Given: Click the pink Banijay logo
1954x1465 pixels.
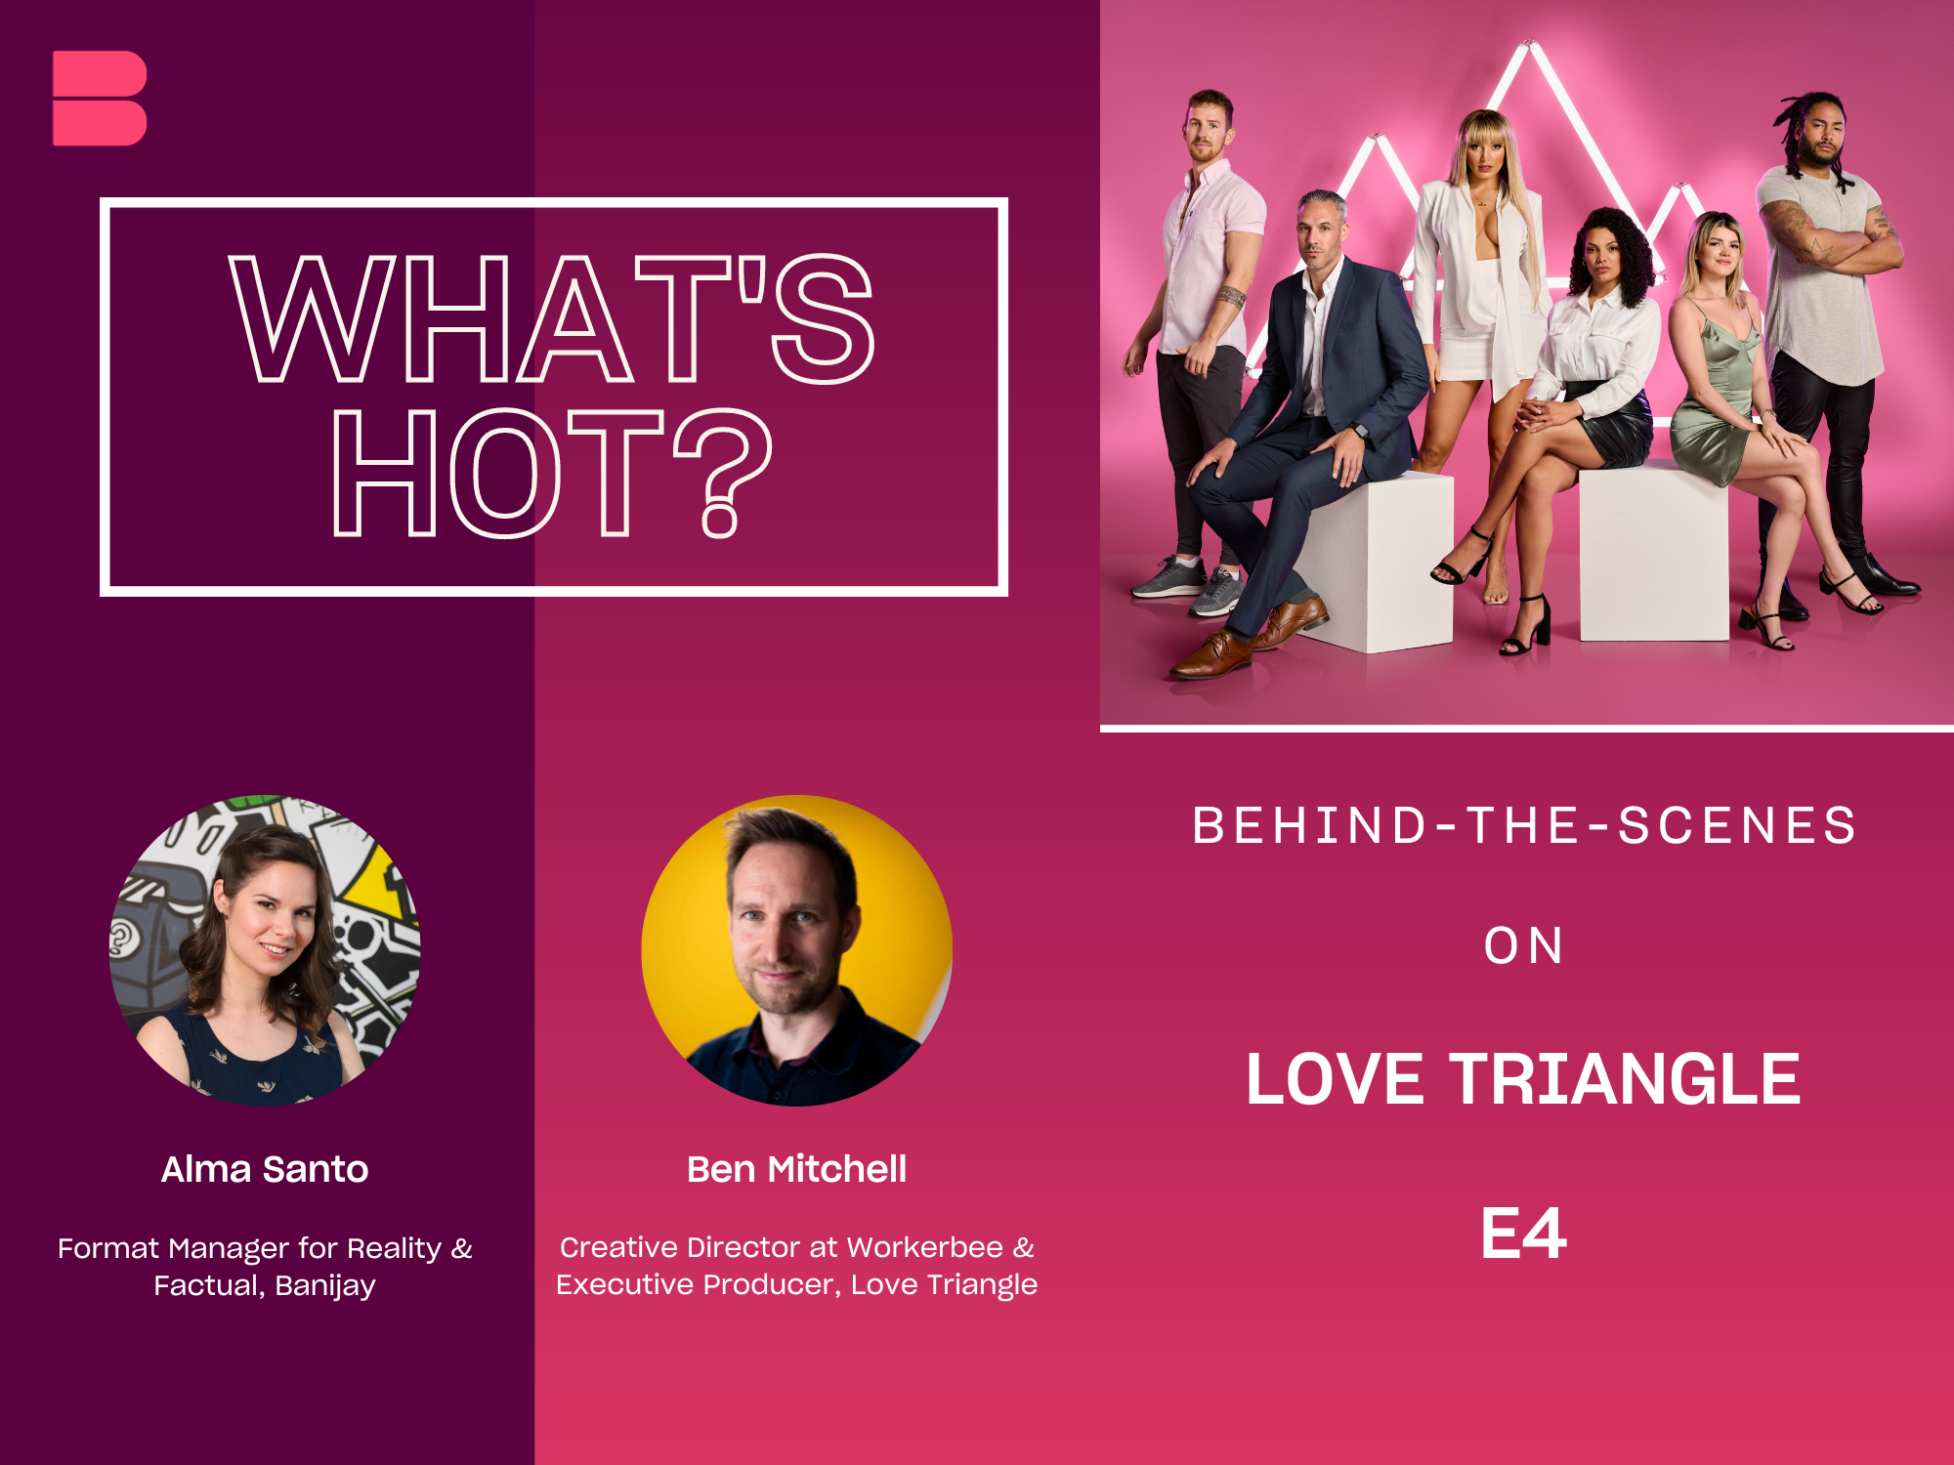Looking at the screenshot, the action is (100, 98).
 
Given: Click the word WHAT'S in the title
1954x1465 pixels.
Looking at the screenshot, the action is (552, 318).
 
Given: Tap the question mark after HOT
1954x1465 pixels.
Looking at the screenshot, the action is (723, 473).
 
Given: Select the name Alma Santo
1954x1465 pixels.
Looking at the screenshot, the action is (265, 1169).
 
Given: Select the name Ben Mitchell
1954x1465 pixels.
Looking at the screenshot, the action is (796, 1169).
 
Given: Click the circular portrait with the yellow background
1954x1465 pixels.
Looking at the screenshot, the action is (797, 950).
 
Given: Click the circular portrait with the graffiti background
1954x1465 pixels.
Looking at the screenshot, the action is (265, 950).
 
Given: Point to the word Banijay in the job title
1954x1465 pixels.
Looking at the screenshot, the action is (325, 1286).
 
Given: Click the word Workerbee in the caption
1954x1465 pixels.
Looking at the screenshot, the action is (924, 1247).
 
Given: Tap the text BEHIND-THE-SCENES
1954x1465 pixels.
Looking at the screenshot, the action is (1524, 825).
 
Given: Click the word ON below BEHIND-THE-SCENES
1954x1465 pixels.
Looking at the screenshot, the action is (1523, 945).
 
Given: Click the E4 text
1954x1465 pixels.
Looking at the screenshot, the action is (1523, 1233).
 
